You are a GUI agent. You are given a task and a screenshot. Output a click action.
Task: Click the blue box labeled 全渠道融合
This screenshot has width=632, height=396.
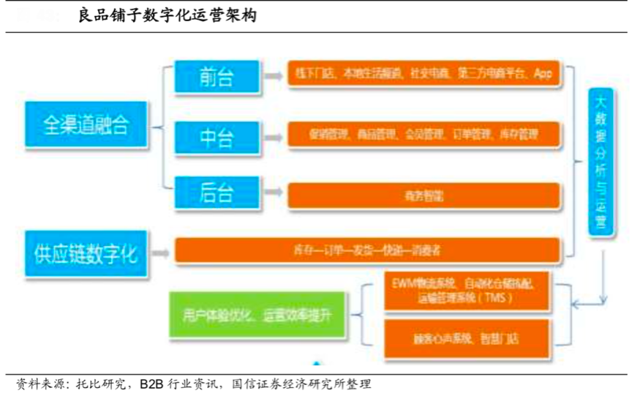tap(86, 124)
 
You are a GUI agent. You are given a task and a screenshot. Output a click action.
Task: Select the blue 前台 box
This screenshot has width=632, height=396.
tap(216, 75)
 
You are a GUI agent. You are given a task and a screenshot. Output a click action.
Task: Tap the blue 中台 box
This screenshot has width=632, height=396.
tap(216, 136)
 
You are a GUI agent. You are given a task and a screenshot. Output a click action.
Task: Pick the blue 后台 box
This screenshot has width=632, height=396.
tap(216, 193)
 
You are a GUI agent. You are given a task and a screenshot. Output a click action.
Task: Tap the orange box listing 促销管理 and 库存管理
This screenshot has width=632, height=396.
tap(424, 135)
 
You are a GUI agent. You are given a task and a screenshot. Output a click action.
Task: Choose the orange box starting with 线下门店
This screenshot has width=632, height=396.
tap(424, 74)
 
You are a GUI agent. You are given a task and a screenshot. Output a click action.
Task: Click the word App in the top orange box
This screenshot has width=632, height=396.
tap(542, 74)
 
